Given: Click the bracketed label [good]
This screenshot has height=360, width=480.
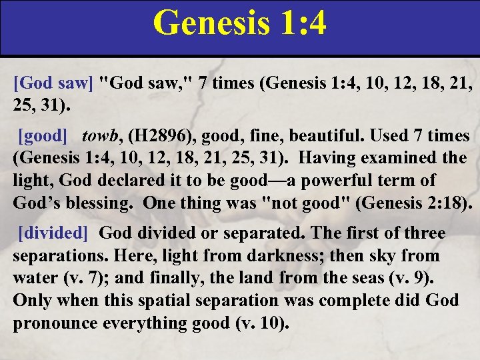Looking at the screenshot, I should [x=43, y=137].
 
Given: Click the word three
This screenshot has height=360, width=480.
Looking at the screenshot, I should [x=423, y=233].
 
